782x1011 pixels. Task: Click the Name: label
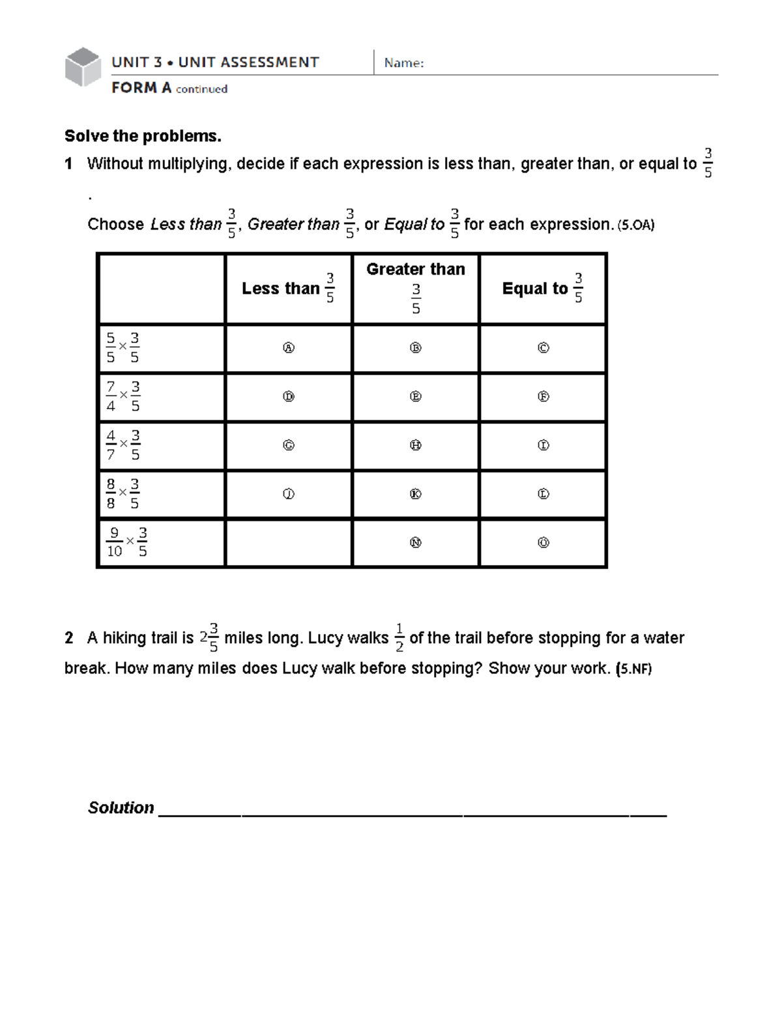click(x=404, y=63)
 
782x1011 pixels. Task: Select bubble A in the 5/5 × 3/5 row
click(x=288, y=348)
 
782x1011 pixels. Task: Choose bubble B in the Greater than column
click(x=415, y=348)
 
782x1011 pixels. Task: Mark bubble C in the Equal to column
click(x=543, y=348)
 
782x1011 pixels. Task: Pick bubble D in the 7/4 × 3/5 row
click(x=288, y=396)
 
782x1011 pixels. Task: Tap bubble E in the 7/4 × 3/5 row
click(x=415, y=396)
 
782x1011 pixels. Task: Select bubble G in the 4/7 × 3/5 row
click(x=288, y=445)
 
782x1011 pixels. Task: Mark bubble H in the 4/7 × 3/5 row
click(x=415, y=445)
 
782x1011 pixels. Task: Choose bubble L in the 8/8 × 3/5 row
click(x=543, y=494)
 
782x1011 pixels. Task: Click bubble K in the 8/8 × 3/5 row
click(x=415, y=494)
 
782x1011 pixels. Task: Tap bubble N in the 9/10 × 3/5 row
click(x=415, y=542)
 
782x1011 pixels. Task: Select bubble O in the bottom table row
click(x=543, y=542)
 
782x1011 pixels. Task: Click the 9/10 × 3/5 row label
click(x=127, y=542)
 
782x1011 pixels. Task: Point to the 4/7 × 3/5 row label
click(x=123, y=445)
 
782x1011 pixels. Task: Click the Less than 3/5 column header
click(x=288, y=288)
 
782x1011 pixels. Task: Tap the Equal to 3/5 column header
click(x=542, y=288)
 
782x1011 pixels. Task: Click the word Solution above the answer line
click(x=121, y=808)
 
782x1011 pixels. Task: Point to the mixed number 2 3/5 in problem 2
click(x=209, y=638)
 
